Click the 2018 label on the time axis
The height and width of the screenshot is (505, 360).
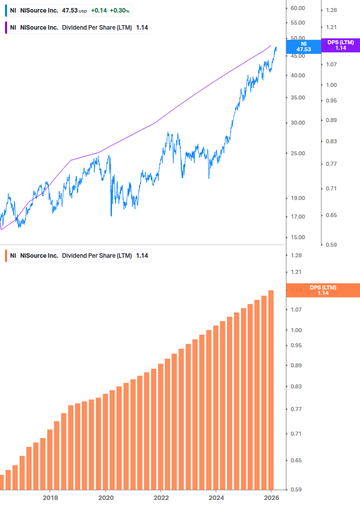coord(50,497)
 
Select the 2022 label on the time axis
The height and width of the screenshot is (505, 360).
coord(161,497)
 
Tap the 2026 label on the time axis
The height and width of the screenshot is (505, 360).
coord(271,497)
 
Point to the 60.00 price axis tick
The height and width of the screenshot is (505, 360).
coord(298,8)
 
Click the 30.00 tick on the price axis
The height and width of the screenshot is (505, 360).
coord(298,123)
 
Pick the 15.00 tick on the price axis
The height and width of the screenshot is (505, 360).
coord(298,237)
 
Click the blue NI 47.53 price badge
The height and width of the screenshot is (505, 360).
coord(303,47)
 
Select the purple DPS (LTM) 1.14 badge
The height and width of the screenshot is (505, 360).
coord(340,45)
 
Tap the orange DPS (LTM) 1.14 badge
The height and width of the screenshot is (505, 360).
coord(322,290)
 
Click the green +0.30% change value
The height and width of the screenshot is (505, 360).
coord(120,11)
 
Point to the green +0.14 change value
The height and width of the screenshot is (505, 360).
coord(99,11)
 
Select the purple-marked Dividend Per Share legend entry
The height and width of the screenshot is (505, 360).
coord(78,28)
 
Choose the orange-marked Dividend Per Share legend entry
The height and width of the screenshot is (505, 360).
coord(78,256)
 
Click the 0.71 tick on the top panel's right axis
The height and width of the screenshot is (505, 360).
coord(331,188)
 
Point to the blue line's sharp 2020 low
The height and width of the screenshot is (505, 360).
coord(111,216)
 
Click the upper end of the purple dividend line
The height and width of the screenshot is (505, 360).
coord(271,45)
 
